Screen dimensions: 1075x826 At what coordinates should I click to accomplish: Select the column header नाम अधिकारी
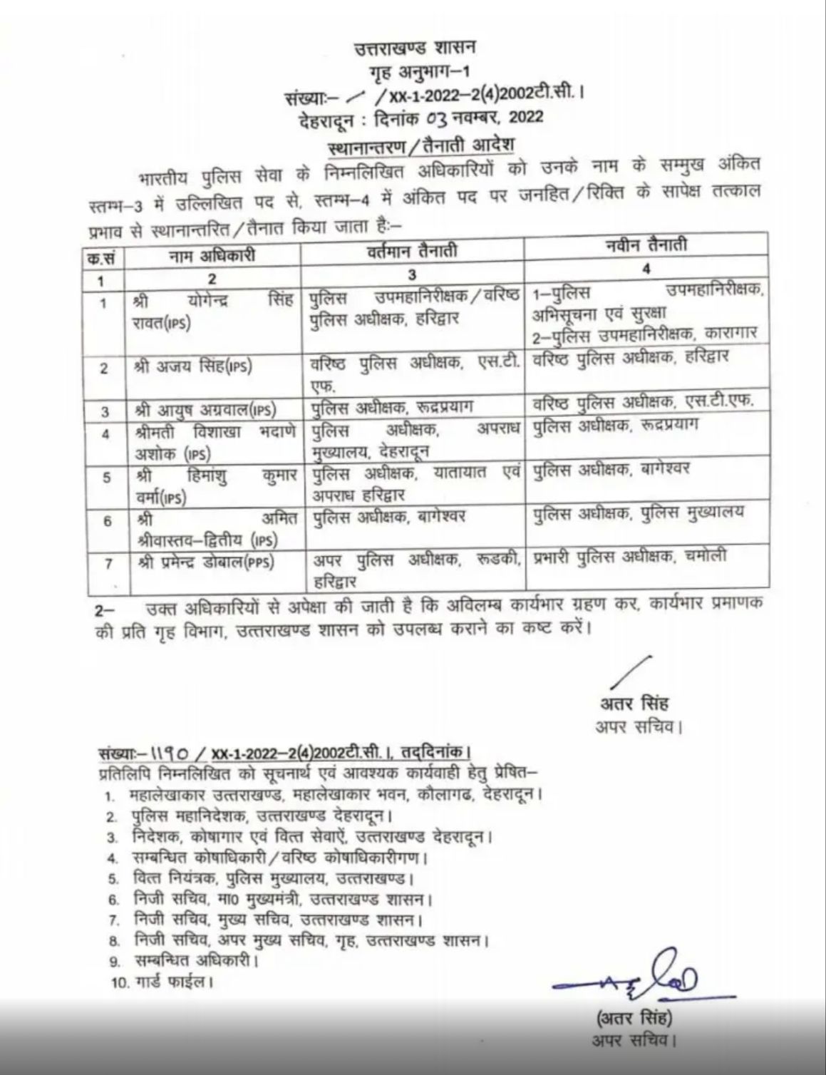[212, 254]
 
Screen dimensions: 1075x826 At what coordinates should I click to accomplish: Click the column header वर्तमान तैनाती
[413, 251]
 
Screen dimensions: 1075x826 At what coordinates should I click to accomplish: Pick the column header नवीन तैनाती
[645, 246]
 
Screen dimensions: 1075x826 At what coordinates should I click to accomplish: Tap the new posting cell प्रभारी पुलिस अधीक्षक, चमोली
[630, 557]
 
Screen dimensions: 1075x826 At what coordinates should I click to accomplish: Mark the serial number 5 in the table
[106, 477]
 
